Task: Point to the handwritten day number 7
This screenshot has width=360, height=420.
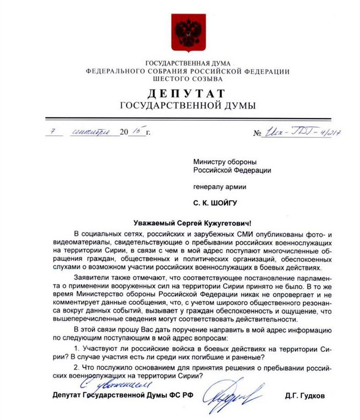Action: pyautogui.click(x=51, y=132)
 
